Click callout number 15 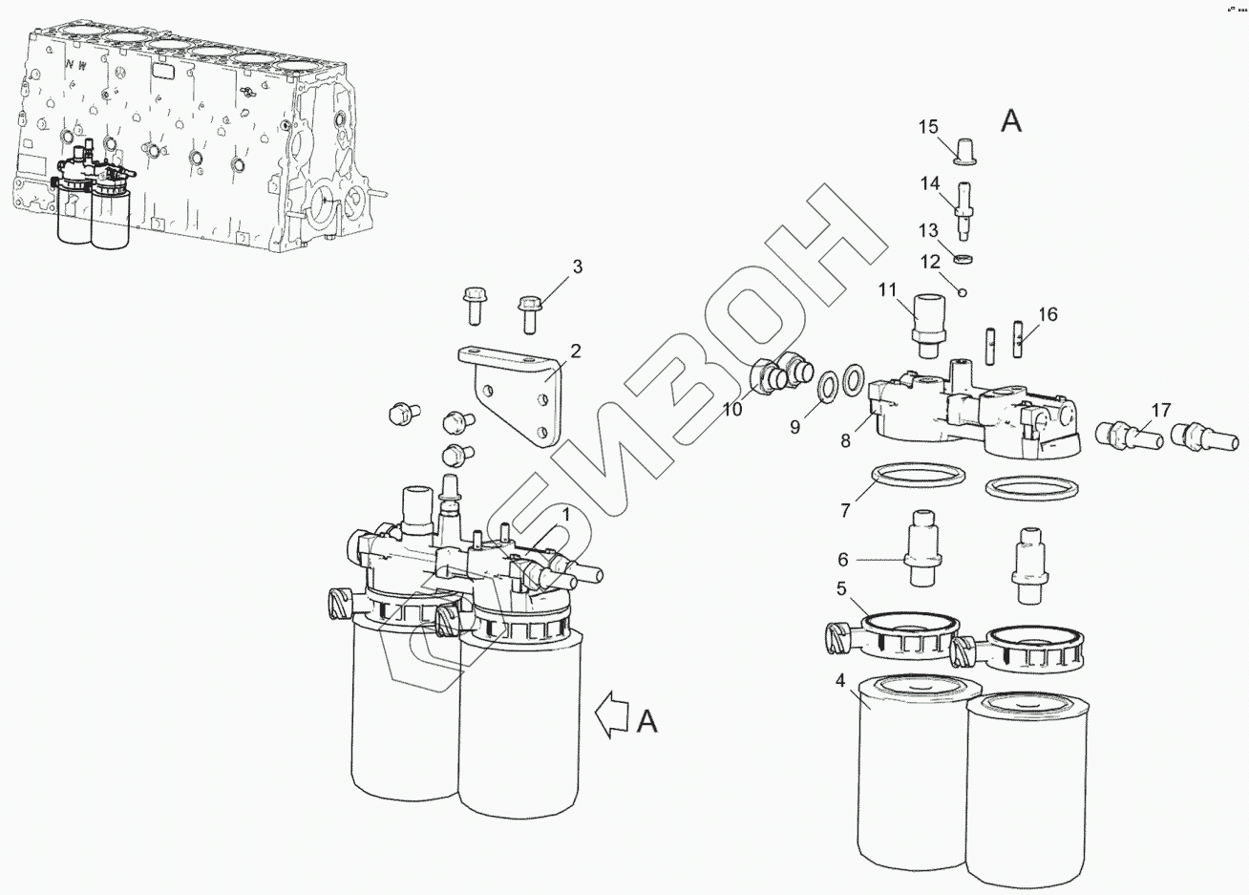click(x=929, y=127)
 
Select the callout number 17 click(x=1159, y=411)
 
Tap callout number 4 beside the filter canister click(x=839, y=681)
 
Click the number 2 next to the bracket click(x=575, y=352)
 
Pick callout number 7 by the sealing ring click(x=844, y=509)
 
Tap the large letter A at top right click(x=1010, y=121)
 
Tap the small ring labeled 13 click(x=965, y=259)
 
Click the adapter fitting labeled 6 click(x=922, y=550)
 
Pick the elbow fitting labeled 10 click(x=780, y=373)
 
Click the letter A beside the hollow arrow click(x=646, y=723)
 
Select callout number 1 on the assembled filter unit click(x=565, y=516)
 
